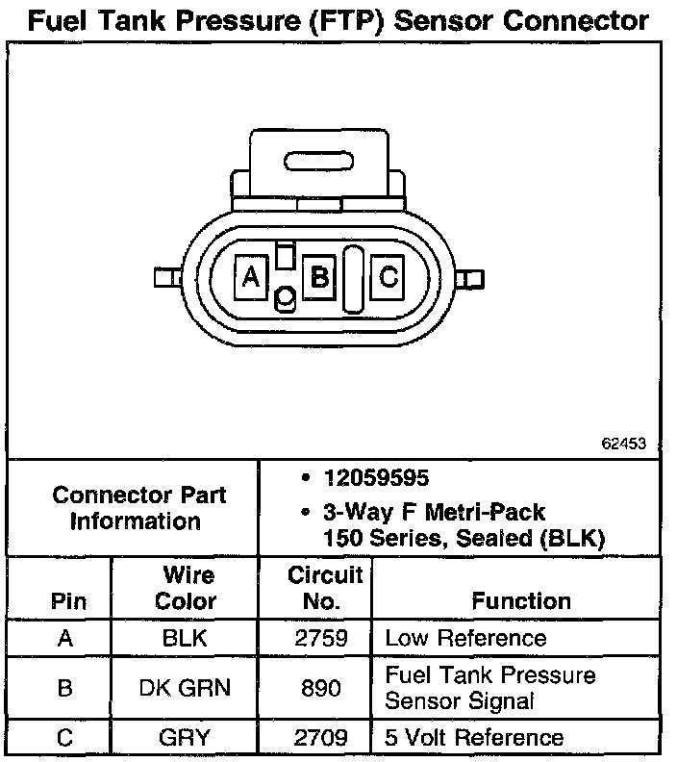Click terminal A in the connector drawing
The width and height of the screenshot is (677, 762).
tap(251, 277)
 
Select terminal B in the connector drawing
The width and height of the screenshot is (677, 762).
tap(319, 277)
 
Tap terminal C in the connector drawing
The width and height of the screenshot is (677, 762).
tap(388, 277)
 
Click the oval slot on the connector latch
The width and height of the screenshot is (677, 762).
tap(318, 162)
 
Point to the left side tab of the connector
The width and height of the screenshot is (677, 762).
tap(168, 277)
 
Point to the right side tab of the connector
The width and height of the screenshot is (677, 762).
tap(469, 279)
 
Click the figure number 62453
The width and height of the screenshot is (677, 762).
tap(623, 444)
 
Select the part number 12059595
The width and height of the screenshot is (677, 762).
tap(376, 478)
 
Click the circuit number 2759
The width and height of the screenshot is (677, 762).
tap(321, 638)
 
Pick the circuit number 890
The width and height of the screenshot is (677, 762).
tap(320, 688)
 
